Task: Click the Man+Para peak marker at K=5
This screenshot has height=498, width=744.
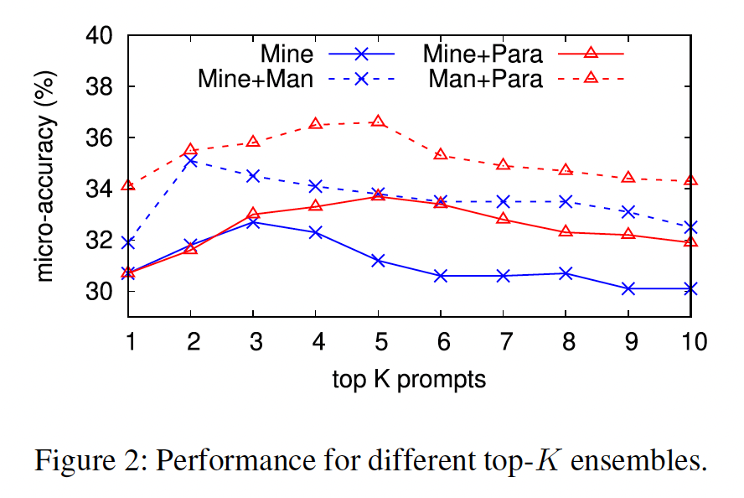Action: tap(378, 122)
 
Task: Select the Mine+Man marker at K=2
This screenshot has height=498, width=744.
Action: tap(191, 160)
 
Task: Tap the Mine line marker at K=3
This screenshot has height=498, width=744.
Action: tap(253, 222)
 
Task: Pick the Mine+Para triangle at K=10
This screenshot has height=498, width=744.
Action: tap(690, 241)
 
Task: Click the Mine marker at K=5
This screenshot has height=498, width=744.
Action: tap(378, 261)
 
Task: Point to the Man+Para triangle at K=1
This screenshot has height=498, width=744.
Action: tap(128, 185)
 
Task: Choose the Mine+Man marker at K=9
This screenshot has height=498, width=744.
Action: tap(628, 211)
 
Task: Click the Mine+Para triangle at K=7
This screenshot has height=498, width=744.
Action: tap(504, 218)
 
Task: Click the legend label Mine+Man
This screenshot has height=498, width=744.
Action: tap(256, 80)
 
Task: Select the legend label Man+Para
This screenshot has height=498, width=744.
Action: tap(486, 80)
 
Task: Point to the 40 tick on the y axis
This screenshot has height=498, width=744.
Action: tap(101, 36)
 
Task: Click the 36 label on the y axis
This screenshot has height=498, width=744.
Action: tap(101, 138)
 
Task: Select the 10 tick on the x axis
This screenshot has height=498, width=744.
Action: tap(690, 341)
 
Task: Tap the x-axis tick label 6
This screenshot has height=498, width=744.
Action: tap(441, 341)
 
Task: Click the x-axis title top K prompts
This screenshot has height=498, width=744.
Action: tap(409, 379)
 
